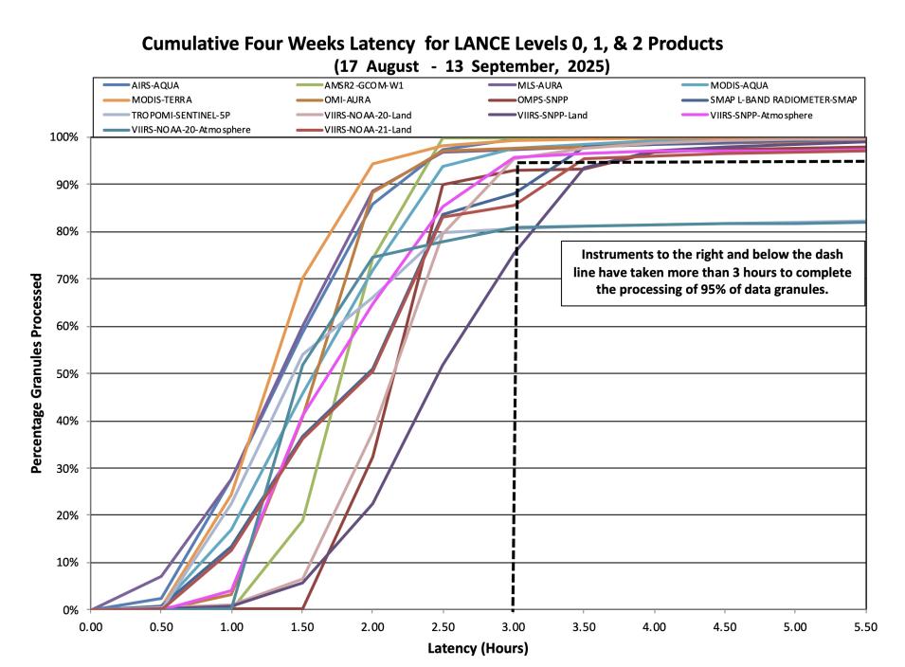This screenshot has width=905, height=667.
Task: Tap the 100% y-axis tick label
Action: coord(66,137)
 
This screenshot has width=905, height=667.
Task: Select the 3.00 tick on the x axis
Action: coord(513,626)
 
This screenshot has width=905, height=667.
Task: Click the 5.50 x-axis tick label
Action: coord(864,626)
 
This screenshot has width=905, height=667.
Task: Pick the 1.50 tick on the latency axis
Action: coord(301,626)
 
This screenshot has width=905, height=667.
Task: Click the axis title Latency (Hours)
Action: coord(478,649)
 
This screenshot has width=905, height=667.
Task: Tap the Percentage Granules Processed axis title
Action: coord(39,373)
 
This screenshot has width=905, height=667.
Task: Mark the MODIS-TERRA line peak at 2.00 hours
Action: coord(372,164)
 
